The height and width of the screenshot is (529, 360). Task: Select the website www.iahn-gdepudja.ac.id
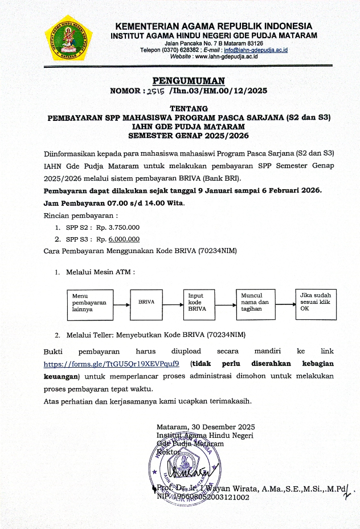pos(226,57)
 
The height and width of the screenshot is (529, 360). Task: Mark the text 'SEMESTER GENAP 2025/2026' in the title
pos(189,136)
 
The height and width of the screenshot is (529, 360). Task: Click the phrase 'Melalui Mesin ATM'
pos(98,272)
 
